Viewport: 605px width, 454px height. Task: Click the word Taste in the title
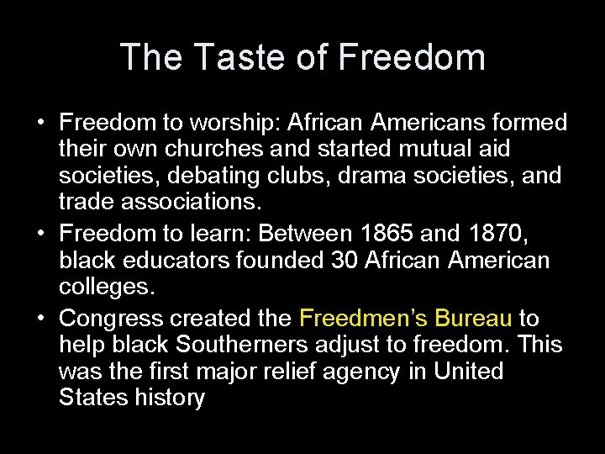233,57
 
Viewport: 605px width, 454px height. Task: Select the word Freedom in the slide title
412,57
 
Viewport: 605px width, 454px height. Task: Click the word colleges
107,286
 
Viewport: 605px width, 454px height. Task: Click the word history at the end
170,397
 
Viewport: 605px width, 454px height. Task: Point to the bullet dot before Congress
41,319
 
